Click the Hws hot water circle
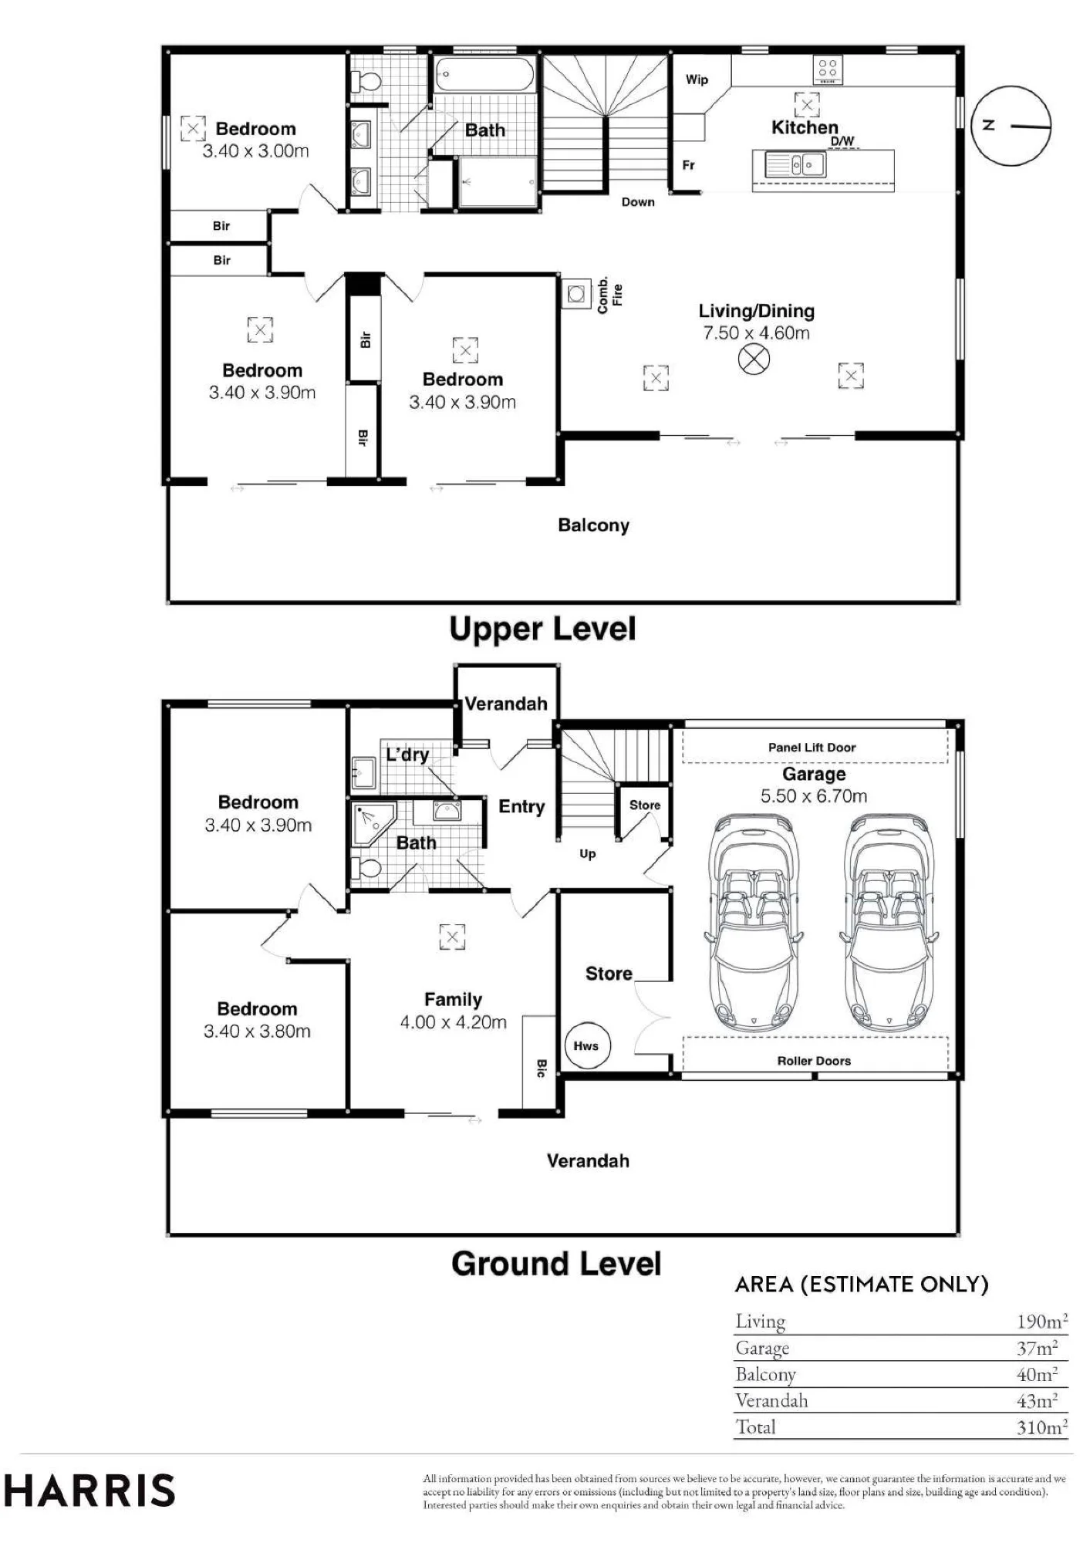[587, 1045]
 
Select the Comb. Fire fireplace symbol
[575, 293]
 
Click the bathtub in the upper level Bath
[484, 75]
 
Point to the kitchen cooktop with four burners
[827, 70]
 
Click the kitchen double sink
[795, 164]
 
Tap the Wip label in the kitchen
[697, 79]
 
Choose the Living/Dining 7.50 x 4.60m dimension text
[756, 333]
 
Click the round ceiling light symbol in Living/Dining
[754, 359]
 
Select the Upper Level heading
[542, 630]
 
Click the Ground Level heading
[556, 1264]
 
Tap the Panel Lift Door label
[812, 747]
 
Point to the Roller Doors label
[814, 1061]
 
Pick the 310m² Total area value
[1041, 1427]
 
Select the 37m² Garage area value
[1037, 1349]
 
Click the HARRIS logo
[89, 1491]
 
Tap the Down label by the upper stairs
[638, 202]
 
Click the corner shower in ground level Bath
[373, 823]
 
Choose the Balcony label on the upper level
[593, 525]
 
